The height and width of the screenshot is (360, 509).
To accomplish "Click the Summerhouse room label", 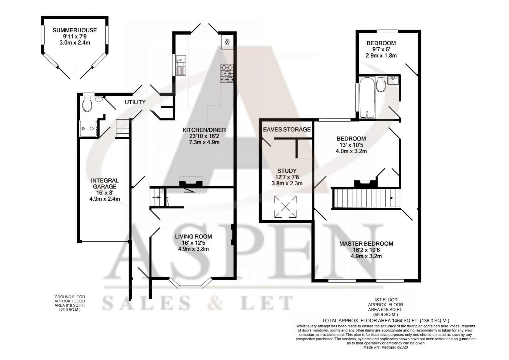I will point(75,30).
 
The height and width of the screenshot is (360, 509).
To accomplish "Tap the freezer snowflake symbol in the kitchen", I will point(228,42).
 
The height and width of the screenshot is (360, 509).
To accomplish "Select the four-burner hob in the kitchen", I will point(227,73).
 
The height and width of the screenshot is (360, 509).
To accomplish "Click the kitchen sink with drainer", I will point(180,65).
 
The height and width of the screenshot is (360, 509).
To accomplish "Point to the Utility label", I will point(135,102).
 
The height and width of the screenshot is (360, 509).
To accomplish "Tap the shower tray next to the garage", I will point(88,128).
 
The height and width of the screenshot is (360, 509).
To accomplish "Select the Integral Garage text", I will point(105,183).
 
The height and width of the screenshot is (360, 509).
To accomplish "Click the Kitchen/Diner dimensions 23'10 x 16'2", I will point(204,136).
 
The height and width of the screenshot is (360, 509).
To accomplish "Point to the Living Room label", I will point(193,237).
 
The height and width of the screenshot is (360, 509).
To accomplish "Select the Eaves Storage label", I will point(287,129).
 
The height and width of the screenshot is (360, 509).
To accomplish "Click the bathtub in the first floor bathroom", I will point(366,97).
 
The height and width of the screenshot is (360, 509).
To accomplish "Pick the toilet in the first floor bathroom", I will point(380,85).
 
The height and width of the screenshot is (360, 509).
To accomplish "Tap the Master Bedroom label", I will point(366,244).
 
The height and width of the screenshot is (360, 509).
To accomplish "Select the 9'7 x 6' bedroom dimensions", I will point(381,49).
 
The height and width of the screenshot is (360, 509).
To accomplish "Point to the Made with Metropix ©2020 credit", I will point(385,347).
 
